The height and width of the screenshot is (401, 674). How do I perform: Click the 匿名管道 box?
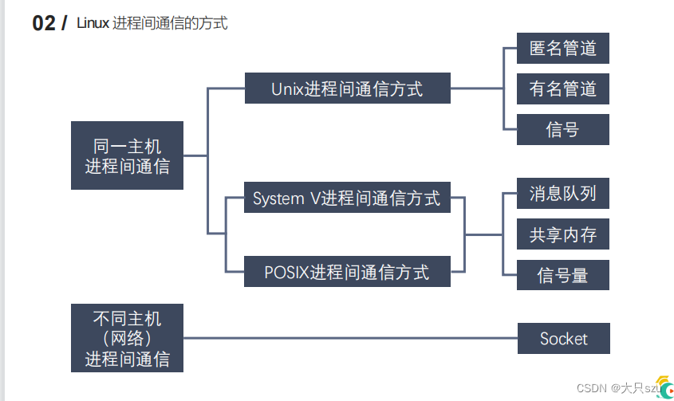[x=562, y=48]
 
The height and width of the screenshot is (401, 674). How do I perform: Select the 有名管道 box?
[x=562, y=89]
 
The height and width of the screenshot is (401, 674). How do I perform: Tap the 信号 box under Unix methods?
[x=562, y=129]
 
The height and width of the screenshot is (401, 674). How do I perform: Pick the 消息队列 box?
[x=562, y=194]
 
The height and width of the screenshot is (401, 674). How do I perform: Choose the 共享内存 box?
[x=562, y=234]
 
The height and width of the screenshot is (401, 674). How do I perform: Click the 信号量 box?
[x=562, y=275]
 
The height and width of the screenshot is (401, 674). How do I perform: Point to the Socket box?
[x=564, y=338]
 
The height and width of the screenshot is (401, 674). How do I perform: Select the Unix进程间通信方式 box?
[x=347, y=88]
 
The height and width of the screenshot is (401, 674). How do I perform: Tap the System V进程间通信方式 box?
[x=347, y=197]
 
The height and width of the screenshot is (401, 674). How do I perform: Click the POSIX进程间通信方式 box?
[x=347, y=272]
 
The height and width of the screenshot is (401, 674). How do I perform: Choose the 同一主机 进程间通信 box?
[x=128, y=155]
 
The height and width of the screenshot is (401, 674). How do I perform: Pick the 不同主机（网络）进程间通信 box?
[x=128, y=338]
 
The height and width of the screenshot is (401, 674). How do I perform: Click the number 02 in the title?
[x=44, y=23]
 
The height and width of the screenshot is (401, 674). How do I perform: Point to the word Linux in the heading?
[x=93, y=23]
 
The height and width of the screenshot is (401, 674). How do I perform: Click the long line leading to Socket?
[x=350, y=338]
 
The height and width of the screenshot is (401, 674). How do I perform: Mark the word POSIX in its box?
[x=286, y=273]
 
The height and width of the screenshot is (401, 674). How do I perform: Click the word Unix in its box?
[x=288, y=89]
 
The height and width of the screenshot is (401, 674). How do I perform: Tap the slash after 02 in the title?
[x=64, y=23]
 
